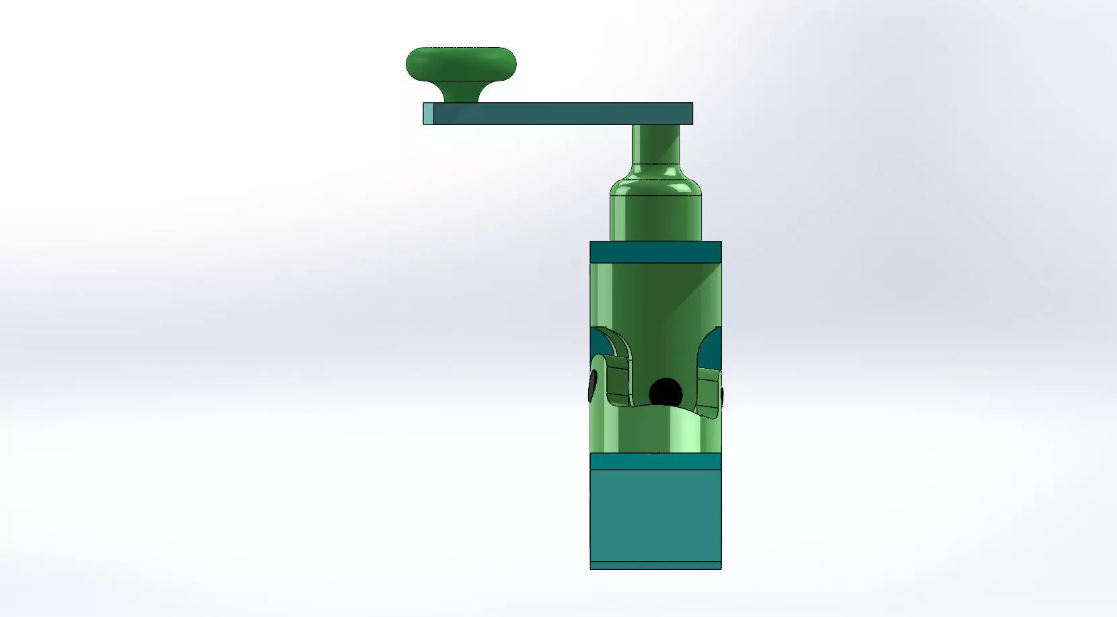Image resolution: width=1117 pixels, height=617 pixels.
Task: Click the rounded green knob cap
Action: click(x=461, y=63)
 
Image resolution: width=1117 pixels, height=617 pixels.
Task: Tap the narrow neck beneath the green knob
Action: click(x=461, y=93)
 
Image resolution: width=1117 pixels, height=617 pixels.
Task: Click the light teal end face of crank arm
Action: click(x=428, y=114)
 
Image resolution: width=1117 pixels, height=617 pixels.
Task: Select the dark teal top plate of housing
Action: click(x=655, y=252)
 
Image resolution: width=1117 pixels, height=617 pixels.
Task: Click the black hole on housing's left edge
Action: click(x=592, y=386)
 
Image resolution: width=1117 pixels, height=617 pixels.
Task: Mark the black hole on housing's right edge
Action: click(x=721, y=394)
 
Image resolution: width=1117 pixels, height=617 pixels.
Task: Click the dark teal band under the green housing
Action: click(x=655, y=461)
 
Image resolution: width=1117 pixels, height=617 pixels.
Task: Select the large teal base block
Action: click(x=655, y=515)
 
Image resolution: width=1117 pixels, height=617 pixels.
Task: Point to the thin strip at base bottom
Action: click(x=655, y=565)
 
